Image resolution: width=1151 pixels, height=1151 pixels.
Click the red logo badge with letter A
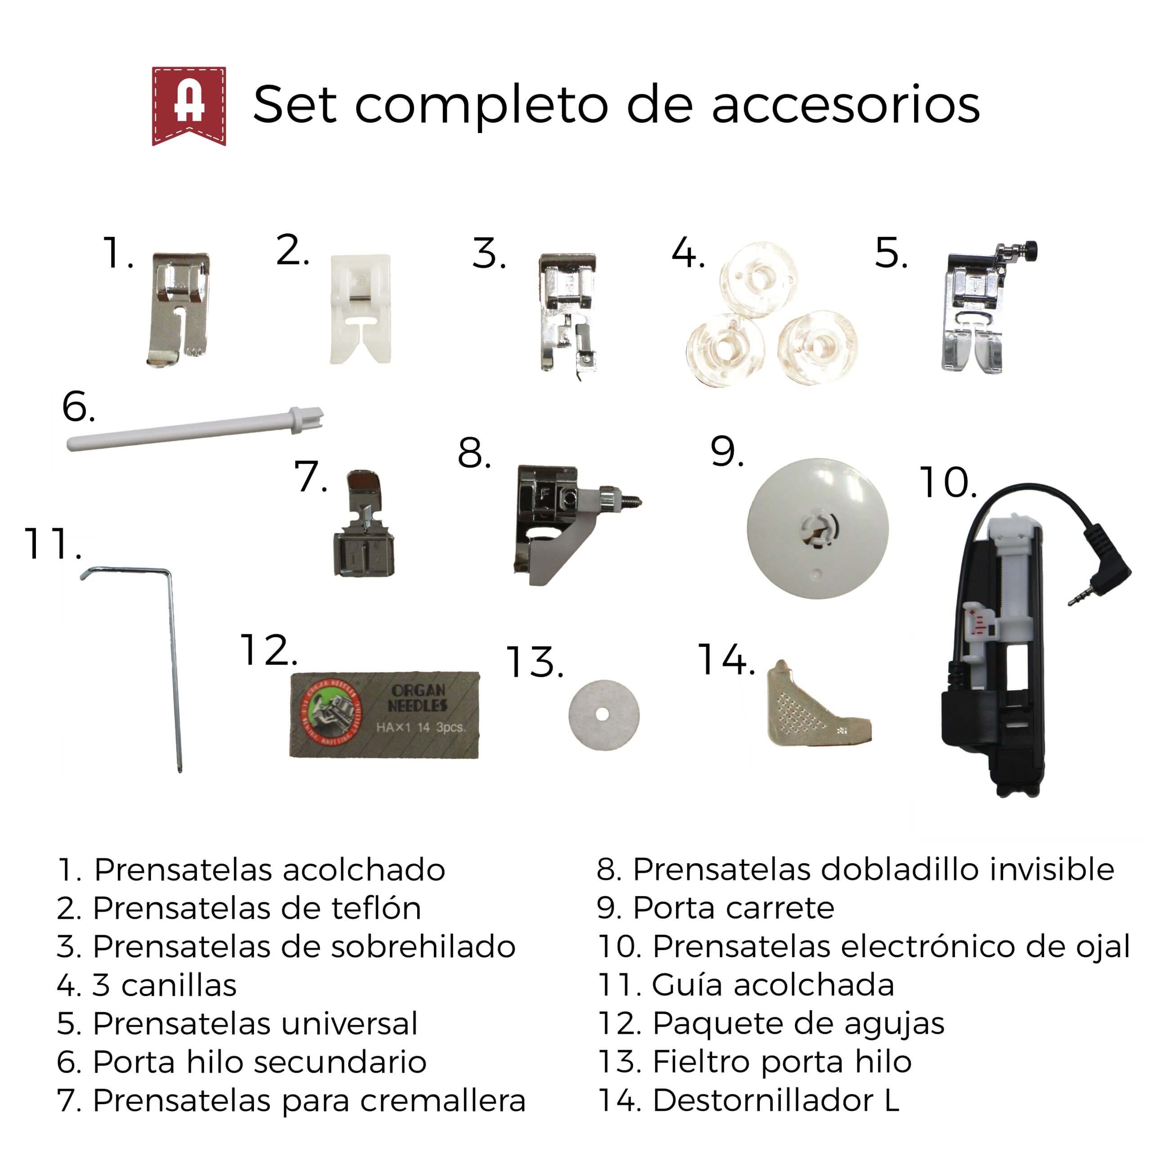189,106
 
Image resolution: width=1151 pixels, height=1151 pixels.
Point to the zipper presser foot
363,525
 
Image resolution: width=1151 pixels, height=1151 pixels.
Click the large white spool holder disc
817,528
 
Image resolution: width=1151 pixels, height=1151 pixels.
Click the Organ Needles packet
384,715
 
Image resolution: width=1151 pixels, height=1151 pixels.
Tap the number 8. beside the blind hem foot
474,453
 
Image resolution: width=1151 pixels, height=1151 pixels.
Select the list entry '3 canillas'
147,986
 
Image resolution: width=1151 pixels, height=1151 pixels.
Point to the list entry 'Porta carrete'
715,908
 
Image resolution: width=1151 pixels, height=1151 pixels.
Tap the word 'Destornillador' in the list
763,1100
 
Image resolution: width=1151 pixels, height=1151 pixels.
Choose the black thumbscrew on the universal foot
1030,250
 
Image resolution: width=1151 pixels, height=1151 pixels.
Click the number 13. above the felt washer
535,662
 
